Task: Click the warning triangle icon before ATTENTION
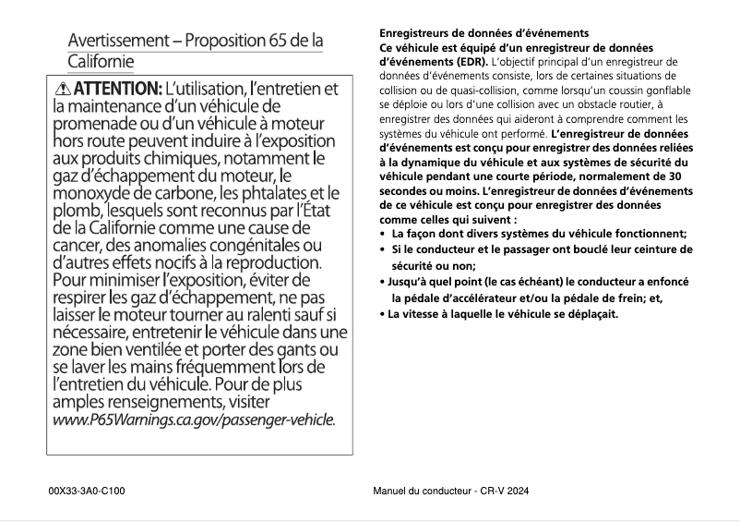pos(63,90)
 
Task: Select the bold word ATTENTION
pos(116,90)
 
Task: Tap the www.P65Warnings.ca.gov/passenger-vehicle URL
pos(193,419)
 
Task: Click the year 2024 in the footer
pos(518,491)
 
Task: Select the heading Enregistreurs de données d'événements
pos(484,33)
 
